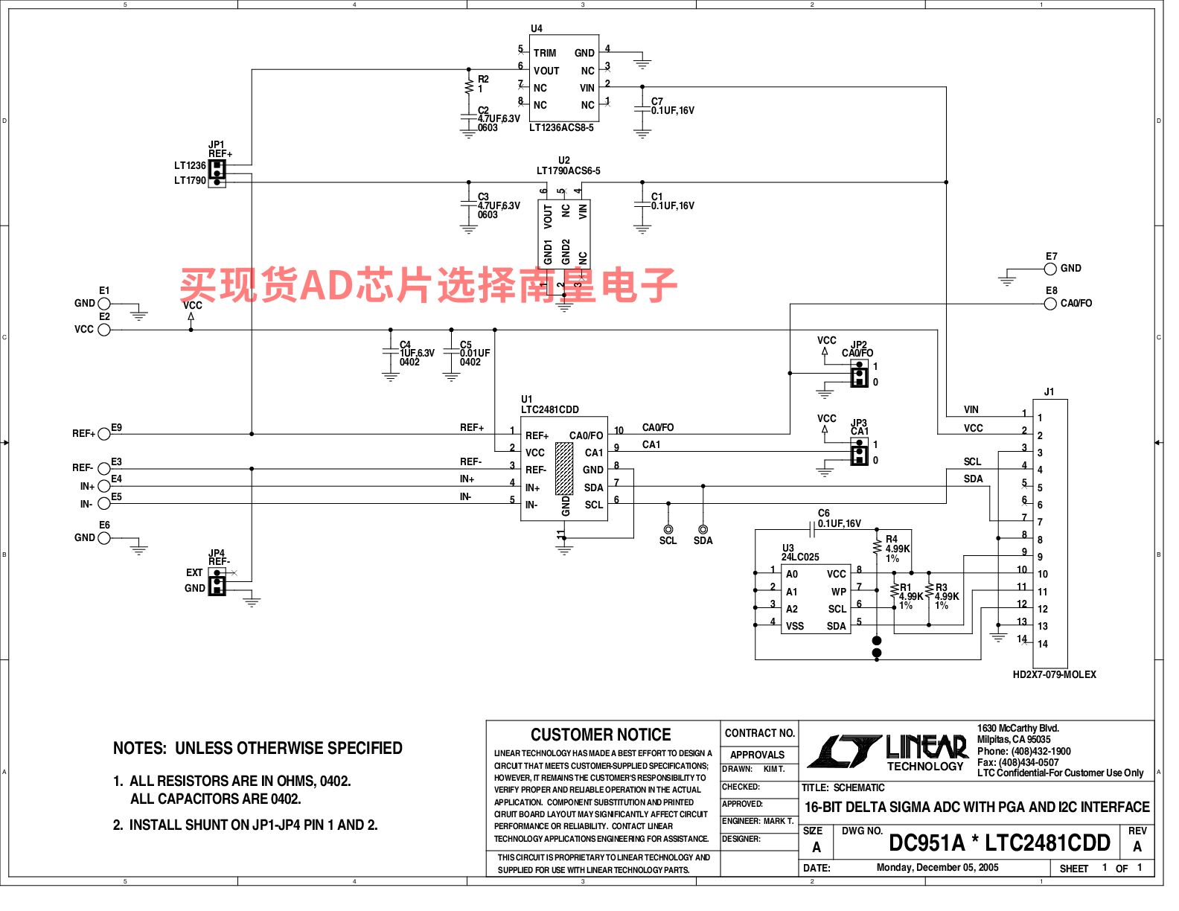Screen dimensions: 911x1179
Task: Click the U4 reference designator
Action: pos(537,29)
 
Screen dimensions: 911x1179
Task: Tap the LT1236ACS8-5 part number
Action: pos(561,128)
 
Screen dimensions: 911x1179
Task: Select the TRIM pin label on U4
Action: pos(545,54)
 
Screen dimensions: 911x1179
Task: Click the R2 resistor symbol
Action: pos(469,87)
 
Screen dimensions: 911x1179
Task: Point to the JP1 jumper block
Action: pos(217,173)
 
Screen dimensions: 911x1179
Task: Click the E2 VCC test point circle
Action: pos(104,330)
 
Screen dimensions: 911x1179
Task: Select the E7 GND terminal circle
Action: pos(1050,269)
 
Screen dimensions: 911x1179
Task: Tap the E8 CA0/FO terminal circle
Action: pos(1050,304)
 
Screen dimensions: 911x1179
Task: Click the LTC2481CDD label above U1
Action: pos(550,410)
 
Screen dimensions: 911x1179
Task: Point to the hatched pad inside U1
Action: pos(564,469)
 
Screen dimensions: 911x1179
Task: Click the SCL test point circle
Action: pos(668,529)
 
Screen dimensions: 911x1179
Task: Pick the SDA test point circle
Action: pos(703,529)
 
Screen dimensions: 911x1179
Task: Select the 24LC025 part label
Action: pos(800,557)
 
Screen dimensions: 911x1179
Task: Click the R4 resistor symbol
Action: pos(877,547)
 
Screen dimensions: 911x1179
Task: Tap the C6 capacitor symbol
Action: pos(812,529)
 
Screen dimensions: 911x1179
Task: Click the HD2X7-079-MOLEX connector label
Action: pos(1054,675)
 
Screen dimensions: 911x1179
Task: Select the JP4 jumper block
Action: pos(217,581)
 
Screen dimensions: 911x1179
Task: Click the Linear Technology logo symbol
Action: pos(844,751)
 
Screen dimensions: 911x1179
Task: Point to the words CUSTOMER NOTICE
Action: pos(601,735)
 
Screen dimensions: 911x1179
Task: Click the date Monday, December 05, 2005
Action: pos(937,868)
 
